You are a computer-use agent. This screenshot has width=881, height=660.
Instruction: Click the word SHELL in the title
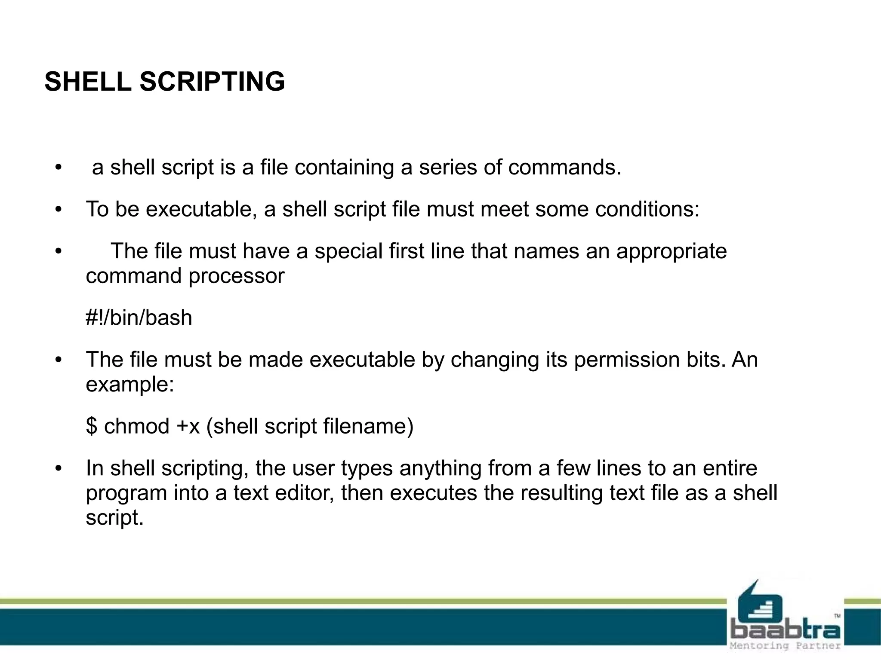tap(88, 81)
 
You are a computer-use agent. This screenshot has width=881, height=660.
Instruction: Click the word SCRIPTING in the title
tap(212, 81)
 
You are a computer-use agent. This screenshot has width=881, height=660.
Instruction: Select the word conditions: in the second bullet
tap(647, 209)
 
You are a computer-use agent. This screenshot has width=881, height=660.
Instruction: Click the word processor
tap(236, 276)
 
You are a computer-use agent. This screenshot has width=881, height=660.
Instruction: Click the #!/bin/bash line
tap(139, 318)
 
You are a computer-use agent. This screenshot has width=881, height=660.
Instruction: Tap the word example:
tap(130, 384)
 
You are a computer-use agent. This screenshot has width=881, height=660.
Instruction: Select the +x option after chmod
tap(188, 426)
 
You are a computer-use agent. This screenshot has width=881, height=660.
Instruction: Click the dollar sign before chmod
tap(91, 426)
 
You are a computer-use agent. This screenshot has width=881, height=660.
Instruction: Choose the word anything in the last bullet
tap(440, 468)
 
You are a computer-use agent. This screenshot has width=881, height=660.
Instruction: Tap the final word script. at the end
tap(114, 517)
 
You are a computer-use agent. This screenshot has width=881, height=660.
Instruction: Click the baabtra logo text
tap(786, 631)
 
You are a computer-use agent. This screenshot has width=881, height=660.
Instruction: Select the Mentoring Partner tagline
tap(786, 646)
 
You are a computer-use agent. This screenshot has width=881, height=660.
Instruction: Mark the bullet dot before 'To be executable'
tap(59, 210)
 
